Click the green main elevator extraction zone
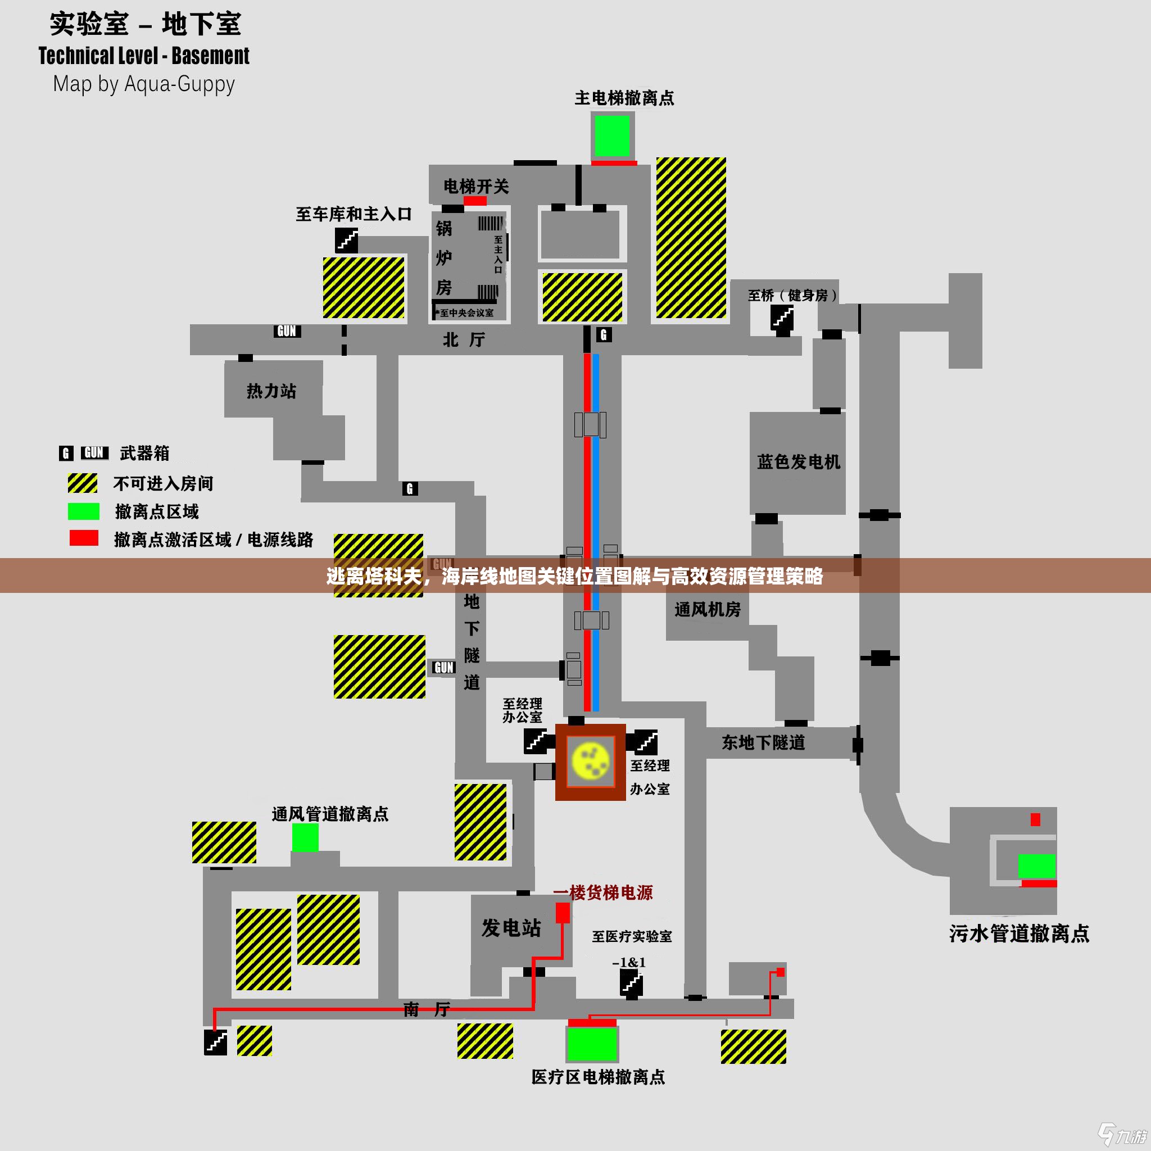(612, 135)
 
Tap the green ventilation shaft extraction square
(305, 837)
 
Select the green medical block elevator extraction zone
(592, 1044)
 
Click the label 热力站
(271, 391)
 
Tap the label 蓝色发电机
(798, 462)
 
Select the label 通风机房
(707, 609)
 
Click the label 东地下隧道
(763, 742)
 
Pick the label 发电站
(511, 927)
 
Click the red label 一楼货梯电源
(603, 892)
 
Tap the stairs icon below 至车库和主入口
(346, 241)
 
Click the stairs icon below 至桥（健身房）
(782, 317)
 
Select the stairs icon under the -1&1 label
(631, 982)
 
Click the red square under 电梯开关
(475, 201)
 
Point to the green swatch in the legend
(83, 511)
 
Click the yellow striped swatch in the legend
(83, 483)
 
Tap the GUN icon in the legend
(94, 453)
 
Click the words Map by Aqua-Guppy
(143, 84)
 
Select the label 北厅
(464, 339)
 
